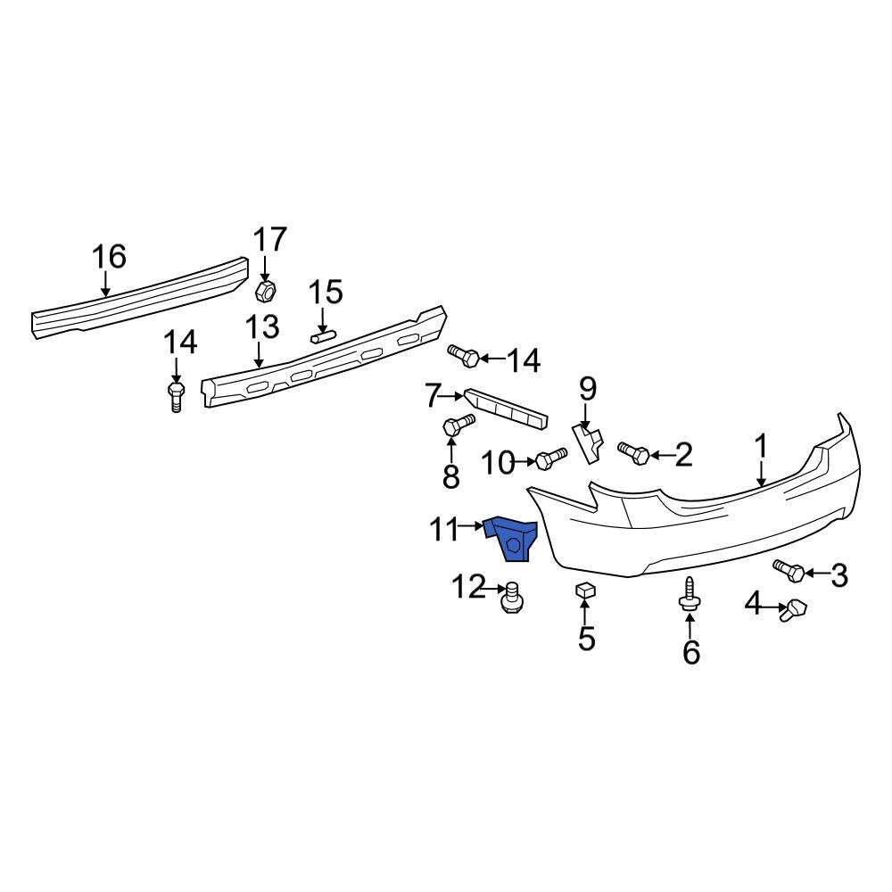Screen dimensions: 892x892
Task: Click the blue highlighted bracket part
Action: pos(512,539)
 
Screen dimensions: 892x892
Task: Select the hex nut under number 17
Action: pos(264,290)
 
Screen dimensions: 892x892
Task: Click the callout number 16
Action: pos(110,258)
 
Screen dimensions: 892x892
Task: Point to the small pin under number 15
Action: pos(322,337)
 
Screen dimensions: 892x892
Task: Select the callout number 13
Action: pos(263,328)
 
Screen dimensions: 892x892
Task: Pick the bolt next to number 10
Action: pos(550,459)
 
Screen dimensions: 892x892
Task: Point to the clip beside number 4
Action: pos(793,610)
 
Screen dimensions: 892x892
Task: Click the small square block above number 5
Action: pos(584,590)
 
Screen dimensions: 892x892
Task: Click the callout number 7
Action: pos(434,394)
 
